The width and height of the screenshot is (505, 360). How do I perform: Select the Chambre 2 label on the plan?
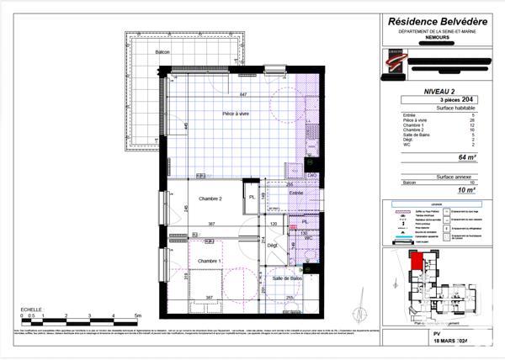click(210, 199)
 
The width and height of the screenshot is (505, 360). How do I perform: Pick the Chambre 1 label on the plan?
click(210, 262)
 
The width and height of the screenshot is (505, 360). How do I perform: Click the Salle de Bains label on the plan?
click(287, 278)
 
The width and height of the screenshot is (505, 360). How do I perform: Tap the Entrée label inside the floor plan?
click(295, 193)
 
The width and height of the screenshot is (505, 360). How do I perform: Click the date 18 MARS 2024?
click(437, 341)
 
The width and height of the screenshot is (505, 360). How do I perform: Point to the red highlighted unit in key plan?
click(415, 263)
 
